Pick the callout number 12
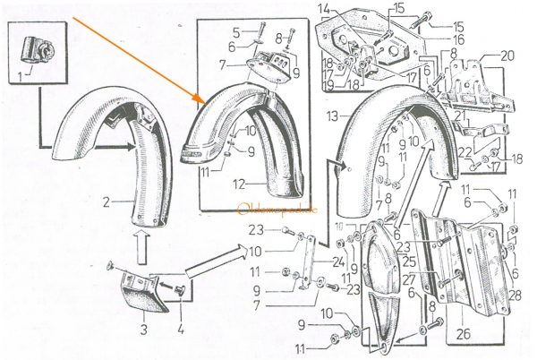237,184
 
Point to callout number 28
516,295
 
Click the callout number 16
433,40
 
